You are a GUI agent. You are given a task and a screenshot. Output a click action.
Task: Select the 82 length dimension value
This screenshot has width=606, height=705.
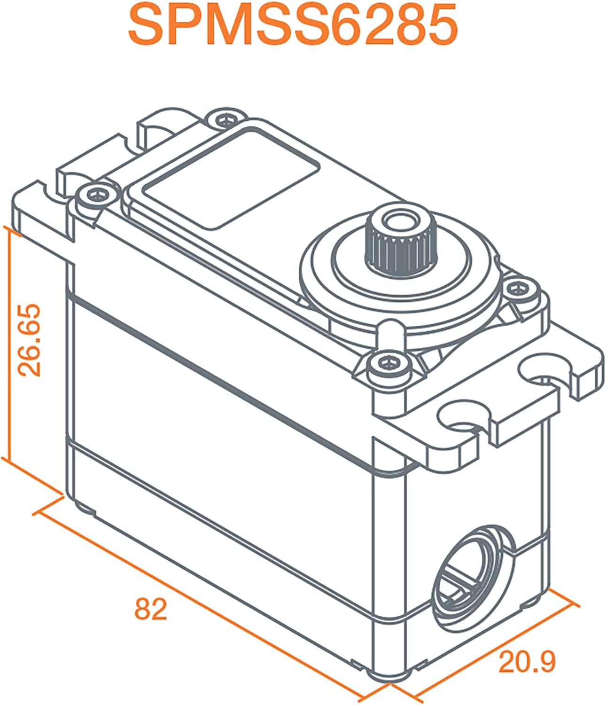(151, 610)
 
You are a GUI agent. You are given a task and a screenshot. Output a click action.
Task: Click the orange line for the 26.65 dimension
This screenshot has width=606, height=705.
(9, 343)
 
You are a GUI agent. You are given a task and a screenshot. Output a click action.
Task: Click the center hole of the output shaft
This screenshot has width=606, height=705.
(396, 220)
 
